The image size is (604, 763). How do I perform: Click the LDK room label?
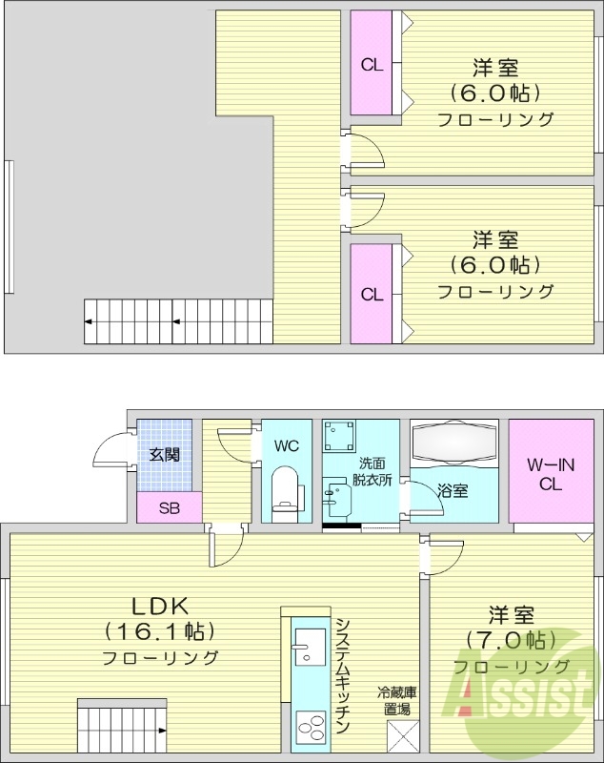click(162, 605)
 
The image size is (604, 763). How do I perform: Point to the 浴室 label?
click(453, 490)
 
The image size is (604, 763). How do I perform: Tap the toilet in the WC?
click(286, 487)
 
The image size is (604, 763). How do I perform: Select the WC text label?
click(287, 445)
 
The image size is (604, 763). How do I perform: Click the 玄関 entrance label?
click(164, 455)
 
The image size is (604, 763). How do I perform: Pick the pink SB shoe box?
click(169, 507)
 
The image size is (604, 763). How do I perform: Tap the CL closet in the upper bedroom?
click(372, 66)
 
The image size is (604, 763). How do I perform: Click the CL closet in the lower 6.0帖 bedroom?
click(372, 294)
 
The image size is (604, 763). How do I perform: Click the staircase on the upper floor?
click(177, 320)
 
